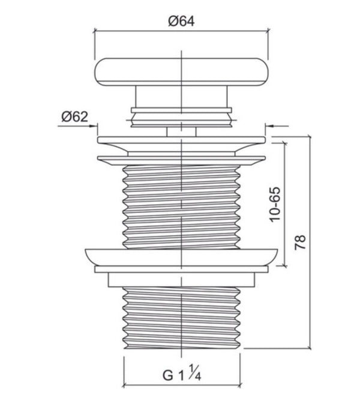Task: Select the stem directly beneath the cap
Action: coord(182,96)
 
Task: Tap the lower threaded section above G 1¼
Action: coord(182,315)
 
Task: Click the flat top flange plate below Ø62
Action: coord(182,141)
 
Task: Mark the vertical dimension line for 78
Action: coord(311,242)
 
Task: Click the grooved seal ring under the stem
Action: coord(182,115)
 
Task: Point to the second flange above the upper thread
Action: coord(182,159)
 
